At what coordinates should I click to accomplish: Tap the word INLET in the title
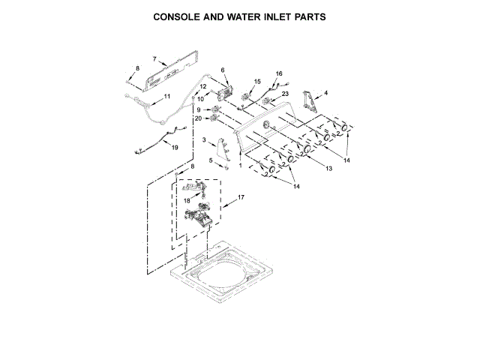[x=277, y=16]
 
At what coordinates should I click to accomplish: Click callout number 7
[x=154, y=59]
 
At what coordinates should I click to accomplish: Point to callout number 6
[x=223, y=70]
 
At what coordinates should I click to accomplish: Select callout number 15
[x=257, y=81]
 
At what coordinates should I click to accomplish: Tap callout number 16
[x=279, y=73]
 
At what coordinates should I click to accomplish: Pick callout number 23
[x=285, y=93]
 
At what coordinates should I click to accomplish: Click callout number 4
[x=325, y=93]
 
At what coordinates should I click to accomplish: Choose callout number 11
[x=166, y=97]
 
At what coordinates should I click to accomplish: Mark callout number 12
[x=202, y=87]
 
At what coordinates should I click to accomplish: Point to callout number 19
[x=175, y=148]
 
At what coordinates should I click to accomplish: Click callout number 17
[x=241, y=197]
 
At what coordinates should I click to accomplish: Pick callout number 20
[x=198, y=118]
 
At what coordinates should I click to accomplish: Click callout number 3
[x=204, y=140]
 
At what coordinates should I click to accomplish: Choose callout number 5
[x=210, y=160]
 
